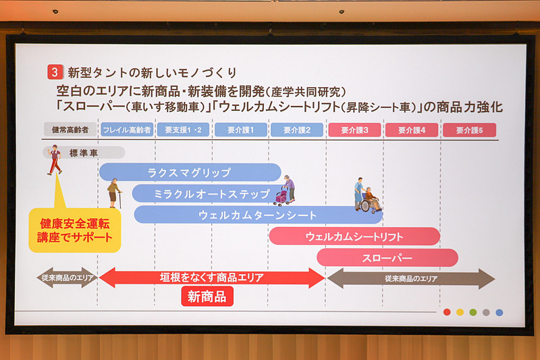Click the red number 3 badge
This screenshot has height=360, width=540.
55,71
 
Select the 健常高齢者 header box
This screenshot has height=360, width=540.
70,130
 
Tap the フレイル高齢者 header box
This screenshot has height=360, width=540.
126,130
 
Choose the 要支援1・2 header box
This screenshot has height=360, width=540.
183,130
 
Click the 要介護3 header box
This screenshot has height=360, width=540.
355,130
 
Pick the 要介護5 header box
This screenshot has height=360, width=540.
469,130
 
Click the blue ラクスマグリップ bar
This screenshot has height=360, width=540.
190,172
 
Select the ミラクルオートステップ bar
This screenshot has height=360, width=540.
202,194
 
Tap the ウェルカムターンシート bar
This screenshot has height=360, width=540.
258,215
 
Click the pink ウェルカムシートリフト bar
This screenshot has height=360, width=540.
354,236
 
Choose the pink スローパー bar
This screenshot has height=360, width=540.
387,257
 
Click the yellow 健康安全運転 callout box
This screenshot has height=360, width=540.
75,230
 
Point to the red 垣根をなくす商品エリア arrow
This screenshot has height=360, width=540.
212,278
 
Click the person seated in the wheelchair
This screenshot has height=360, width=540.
371,199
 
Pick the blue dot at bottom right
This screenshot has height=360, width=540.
499,312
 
